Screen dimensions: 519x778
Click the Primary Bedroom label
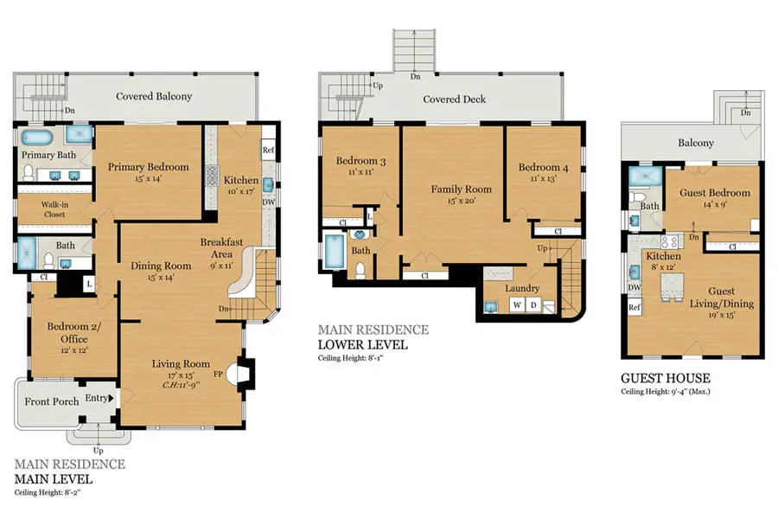148,167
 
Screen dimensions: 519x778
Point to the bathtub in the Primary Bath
38,138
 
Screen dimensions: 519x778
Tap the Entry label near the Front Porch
96,398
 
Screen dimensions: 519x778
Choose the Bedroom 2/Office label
67,333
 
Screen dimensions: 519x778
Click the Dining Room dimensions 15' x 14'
161,279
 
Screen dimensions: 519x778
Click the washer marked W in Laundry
517,305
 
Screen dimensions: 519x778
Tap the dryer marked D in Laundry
534,305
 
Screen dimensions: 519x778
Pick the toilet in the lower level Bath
360,271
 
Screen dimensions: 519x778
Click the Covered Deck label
454,99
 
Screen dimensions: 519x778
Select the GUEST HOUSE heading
666,378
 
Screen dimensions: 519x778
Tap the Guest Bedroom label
715,193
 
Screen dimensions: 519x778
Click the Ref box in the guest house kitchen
634,308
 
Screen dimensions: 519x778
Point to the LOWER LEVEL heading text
362,345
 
